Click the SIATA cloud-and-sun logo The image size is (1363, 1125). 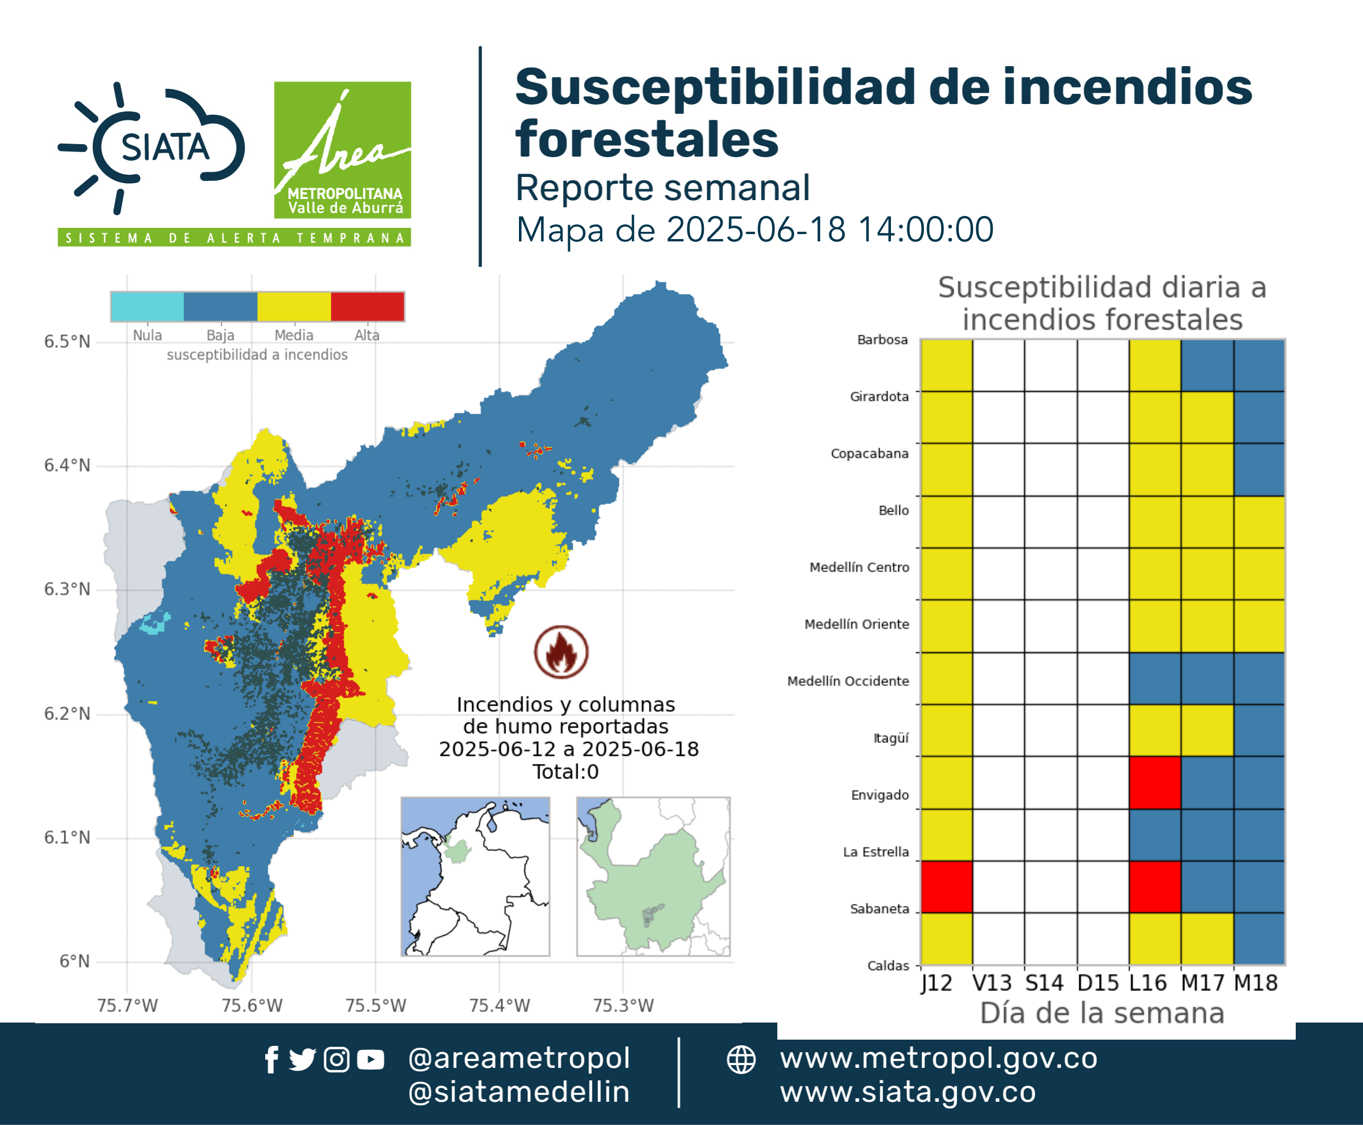(x=151, y=148)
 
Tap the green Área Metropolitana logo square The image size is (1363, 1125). (x=342, y=150)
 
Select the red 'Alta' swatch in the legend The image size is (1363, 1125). (x=367, y=306)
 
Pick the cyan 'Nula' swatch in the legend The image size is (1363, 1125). (x=147, y=306)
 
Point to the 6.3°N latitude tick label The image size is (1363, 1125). (x=67, y=589)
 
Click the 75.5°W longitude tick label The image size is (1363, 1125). (x=376, y=1005)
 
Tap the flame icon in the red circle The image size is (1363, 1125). (x=561, y=652)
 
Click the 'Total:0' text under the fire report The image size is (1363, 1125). (x=566, y=772)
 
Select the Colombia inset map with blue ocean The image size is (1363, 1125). (x=475, y=876)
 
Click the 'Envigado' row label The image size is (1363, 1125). (x=880, y=795)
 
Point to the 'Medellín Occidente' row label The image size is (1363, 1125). (x=848, y=681)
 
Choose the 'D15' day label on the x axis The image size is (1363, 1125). (x=1098, y=983)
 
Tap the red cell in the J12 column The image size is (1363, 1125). (x=946, y=886)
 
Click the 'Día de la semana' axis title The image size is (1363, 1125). (x=1102, y=1013)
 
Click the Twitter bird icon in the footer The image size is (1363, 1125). (x=302, y=1060)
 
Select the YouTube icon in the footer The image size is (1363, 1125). (x=370, y=1060)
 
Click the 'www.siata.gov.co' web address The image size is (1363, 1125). (x=908, y=1092)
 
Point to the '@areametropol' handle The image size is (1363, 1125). (x=519, y=1058)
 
